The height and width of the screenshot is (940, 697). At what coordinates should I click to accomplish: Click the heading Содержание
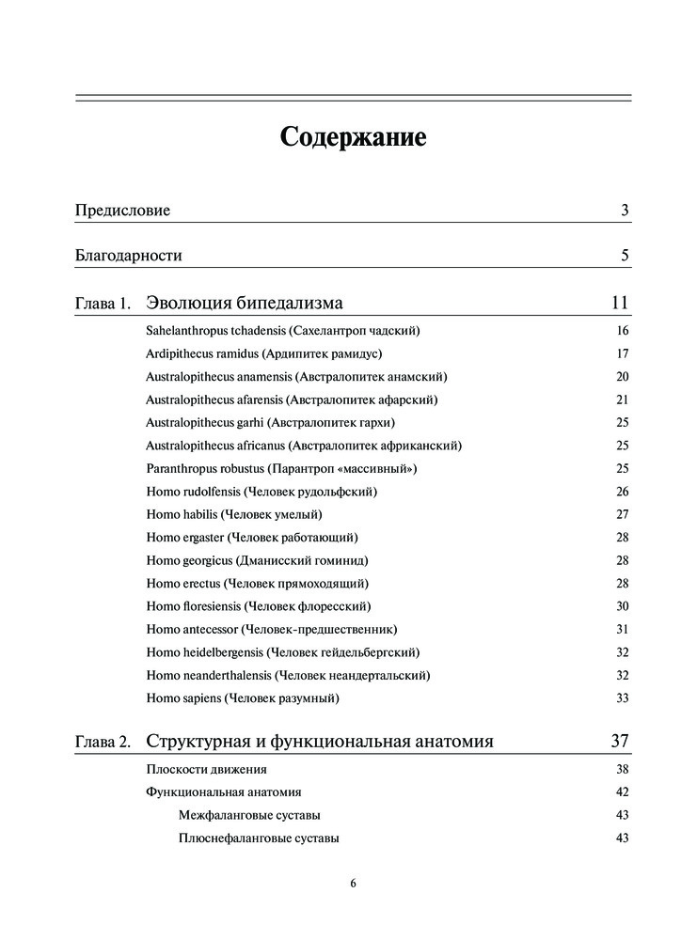[353, 137]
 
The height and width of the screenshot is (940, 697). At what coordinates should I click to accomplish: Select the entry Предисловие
[122, 211]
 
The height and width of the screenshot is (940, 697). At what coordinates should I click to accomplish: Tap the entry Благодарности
[128, 256]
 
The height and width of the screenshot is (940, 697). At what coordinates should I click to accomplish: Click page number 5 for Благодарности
[625, 256]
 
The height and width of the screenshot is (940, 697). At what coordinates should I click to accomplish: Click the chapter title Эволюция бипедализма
[245, 303]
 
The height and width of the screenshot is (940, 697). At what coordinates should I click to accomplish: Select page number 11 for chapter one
[619, 303]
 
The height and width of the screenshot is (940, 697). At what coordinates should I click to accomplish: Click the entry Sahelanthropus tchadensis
[282, 331]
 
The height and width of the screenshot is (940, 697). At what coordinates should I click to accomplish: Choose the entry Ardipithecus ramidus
[264, 354]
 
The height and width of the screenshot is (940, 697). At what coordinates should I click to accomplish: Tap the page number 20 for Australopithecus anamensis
[622, 377]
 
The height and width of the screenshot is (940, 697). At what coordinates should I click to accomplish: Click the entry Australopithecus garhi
[270, 422]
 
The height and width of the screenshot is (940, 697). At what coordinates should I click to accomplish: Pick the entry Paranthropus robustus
[281, 468]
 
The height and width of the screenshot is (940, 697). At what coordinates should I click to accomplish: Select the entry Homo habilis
[234, 514]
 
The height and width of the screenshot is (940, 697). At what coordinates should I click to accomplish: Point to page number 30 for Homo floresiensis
[622, 606]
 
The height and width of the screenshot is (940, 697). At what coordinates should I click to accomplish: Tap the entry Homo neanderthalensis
[288, 675]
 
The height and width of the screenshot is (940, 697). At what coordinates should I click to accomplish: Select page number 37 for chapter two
[619, 742]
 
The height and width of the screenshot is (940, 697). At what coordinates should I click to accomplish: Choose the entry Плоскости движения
[199, 769]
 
